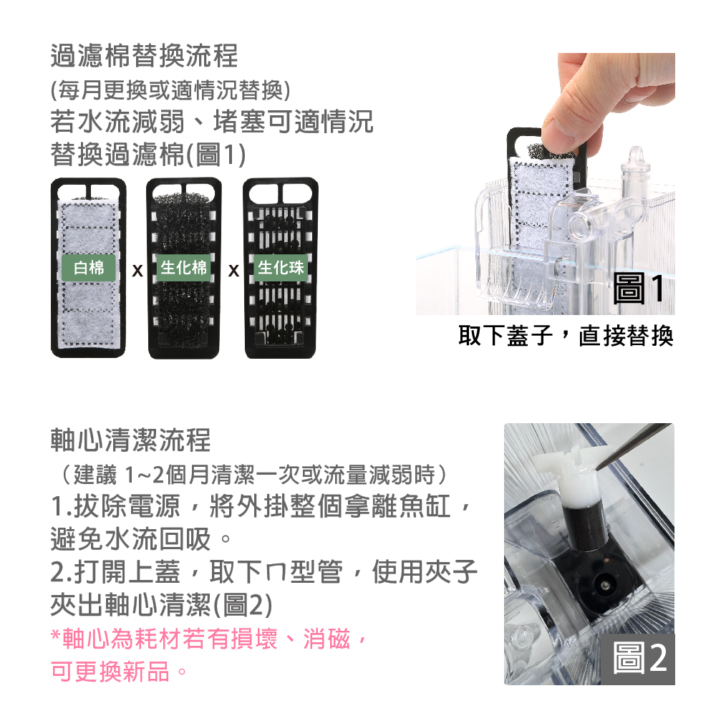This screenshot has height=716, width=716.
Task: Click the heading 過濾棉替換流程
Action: click(x=144, y=56)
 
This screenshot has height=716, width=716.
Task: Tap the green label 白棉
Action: click(x=89, y=268)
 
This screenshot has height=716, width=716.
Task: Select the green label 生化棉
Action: click(x=183, y=268)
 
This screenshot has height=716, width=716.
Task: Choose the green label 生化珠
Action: click(x=281, y=268)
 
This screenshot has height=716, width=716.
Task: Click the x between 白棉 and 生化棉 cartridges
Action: click(x=137, y=271)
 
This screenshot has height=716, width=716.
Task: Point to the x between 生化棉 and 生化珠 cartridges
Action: click(x=233, y=271)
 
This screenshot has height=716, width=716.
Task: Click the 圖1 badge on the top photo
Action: click(x=639, y=288)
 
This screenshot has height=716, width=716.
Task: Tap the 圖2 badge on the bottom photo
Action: click(x=638, y=659)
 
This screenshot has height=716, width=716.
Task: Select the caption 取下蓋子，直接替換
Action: click(x=566, y=336)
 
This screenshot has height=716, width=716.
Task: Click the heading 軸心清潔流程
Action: click(x=130, y=440)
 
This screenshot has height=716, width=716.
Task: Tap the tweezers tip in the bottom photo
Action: click(x=598, y=468)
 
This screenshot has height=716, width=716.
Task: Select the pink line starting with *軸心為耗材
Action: click(x=208, y=639)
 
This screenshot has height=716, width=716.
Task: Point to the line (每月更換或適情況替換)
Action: click(x=170, y=90)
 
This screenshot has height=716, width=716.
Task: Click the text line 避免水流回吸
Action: click(x=141, y=539)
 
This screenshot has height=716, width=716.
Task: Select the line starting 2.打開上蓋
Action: click(x=264, y=571)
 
